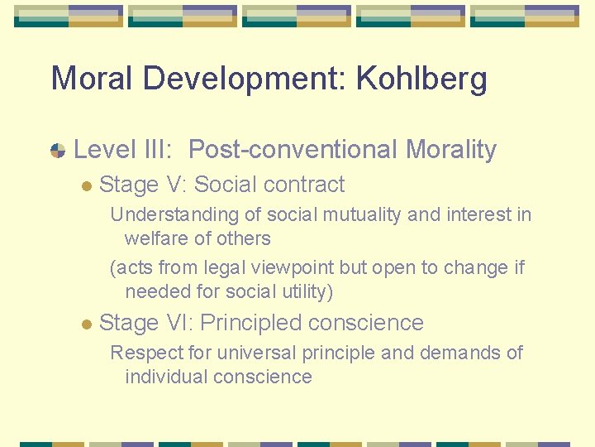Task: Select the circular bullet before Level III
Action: pyautogui.click(x=58, y=150)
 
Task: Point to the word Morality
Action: pyautogui.click(x=451, y=150)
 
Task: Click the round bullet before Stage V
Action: pyautogui.click(x=86, y=185)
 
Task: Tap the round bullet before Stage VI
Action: pyautogui.click(x=86, y=324)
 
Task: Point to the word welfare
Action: pyautogui.click(x=156, y=239)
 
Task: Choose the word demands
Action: pyautogui.click(x=459, y=353)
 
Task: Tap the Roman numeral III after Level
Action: pyautogui.click(x=155, y=150)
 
